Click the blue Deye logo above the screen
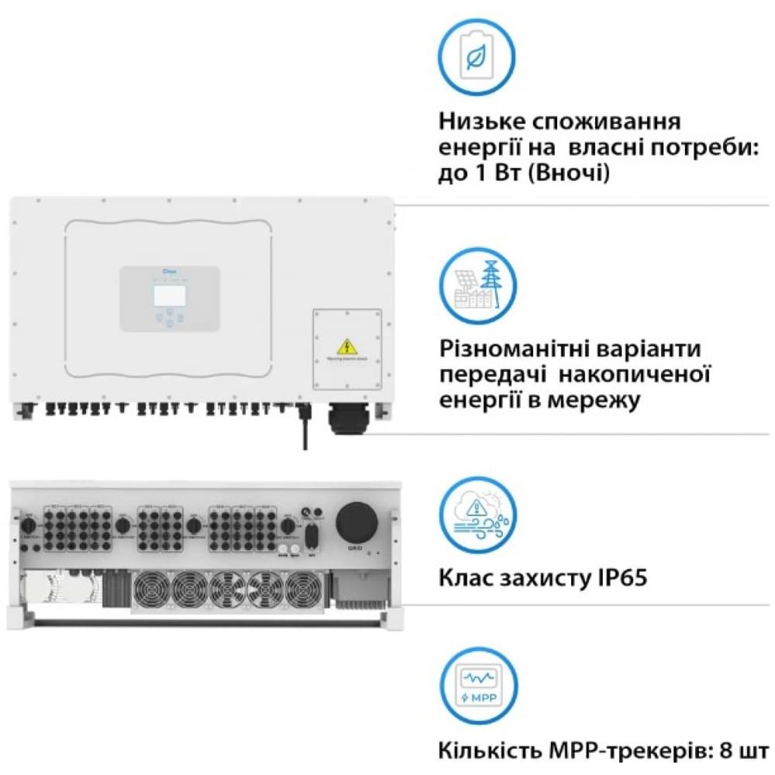(x=168, y=273)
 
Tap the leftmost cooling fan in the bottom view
(x=151, y=590)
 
